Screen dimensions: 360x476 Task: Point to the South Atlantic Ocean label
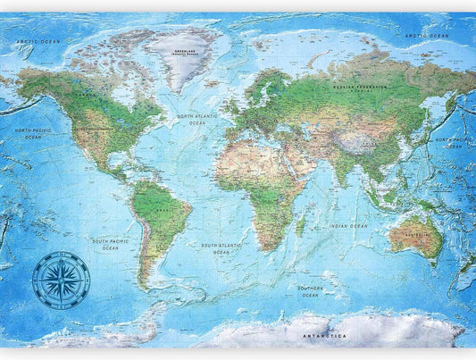(x=222, y=247)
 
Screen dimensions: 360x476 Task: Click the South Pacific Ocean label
(x=110, y=245)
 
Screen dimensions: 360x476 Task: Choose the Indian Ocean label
(x=347, y=227)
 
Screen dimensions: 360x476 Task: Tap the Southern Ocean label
(x=310, y=291)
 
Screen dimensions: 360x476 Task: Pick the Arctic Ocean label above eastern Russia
(x=426, y=36)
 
